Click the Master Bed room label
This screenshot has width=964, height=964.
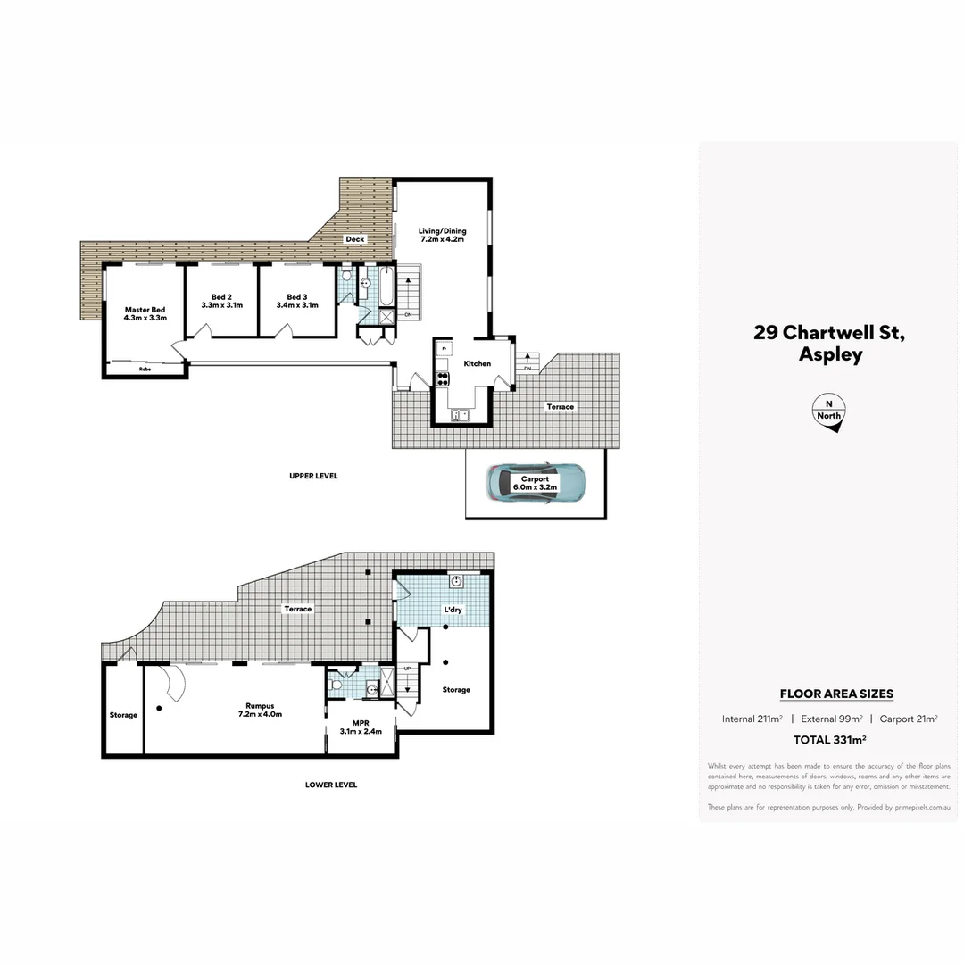(145, 313)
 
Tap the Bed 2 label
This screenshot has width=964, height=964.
(221, 301)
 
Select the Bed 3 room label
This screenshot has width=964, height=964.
(297, 301)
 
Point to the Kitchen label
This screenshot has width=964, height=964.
(477, 363)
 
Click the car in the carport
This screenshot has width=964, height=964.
(536, 483)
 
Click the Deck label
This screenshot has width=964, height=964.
(355, 239)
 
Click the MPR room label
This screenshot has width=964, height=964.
(361, 727)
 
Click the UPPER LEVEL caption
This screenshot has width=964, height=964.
(313, 476)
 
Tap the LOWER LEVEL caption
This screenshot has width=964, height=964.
(330, 785)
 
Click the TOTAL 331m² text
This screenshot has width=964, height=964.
(830, 739)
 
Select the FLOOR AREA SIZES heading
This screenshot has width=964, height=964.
(836, 694)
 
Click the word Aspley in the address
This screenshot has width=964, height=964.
(829, 354)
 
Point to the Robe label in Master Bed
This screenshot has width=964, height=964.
(144, 368)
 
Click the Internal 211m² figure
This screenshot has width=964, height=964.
(752, 719)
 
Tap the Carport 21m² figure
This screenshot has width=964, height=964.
(909, 719)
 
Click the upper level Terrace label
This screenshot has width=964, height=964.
(561, 407)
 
